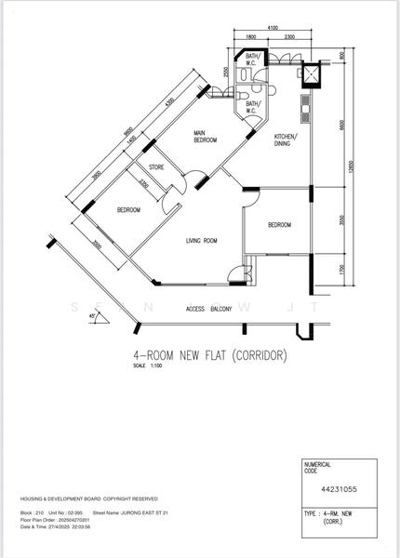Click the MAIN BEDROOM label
click(205, 137)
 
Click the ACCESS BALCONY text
click(208, 308)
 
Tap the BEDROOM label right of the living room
click(279, 225)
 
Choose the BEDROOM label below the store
click(128, 210)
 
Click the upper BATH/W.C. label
click(252, 60)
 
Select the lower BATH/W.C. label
click(252, 108)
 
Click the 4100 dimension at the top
click(273, 29)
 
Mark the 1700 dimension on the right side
click(341, 271)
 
